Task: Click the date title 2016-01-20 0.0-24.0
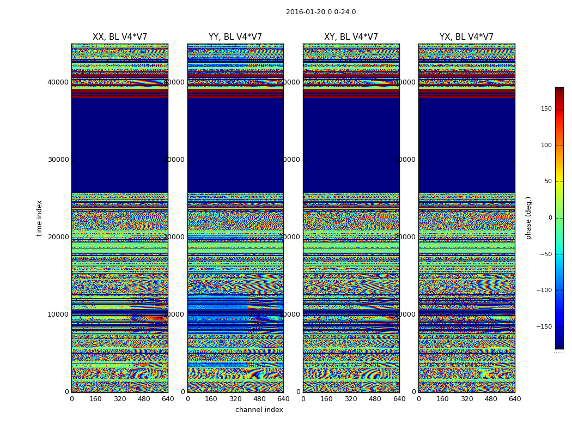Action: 321,12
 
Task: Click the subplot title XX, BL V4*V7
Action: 120,37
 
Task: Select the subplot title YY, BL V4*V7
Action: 235,37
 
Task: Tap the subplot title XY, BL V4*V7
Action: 351,37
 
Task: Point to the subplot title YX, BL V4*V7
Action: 466,37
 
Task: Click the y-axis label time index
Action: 39,217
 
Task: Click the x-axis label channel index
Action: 259,410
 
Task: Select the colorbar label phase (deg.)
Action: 528,218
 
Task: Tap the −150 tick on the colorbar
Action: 544,327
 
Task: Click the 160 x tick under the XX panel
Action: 95,399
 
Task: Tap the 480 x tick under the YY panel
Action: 259,399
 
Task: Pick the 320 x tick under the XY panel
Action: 351,399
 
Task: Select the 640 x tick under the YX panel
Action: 515,399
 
